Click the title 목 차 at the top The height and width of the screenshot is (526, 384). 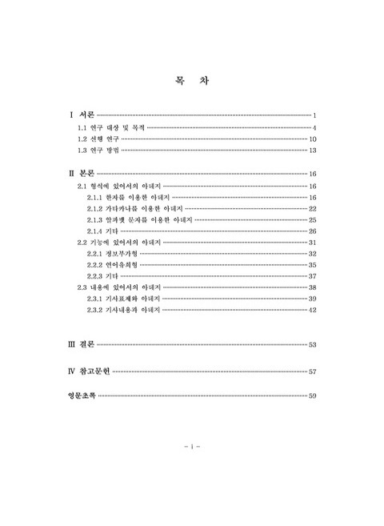[192, 80]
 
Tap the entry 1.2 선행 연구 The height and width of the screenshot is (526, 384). [99, 139]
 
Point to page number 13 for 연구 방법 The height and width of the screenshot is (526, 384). [314, 151]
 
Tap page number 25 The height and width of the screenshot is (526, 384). [314, 219]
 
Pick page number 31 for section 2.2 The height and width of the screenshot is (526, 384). [314, 242]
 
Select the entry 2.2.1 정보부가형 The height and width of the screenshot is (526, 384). [112, 253]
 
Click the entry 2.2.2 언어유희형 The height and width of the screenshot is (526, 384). [112, 264]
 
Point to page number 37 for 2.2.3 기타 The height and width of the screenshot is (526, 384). [314, 275]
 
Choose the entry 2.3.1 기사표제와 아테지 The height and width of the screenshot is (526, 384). [123, 298]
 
